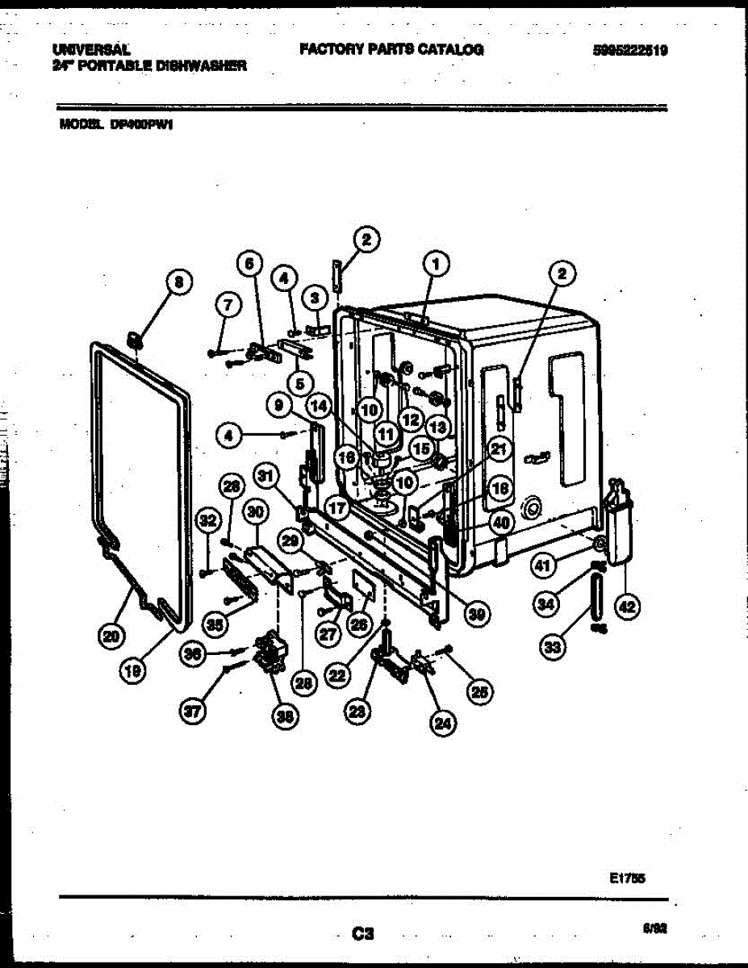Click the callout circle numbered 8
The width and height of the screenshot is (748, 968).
click(179, 282)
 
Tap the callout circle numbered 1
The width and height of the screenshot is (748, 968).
click(436, 263)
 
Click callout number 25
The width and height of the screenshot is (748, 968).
click(482, 691)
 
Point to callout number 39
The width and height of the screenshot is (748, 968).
click(479, 615)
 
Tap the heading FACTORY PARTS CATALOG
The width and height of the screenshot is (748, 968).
click(391, 49)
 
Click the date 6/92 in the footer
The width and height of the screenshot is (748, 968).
click(654, 928)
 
